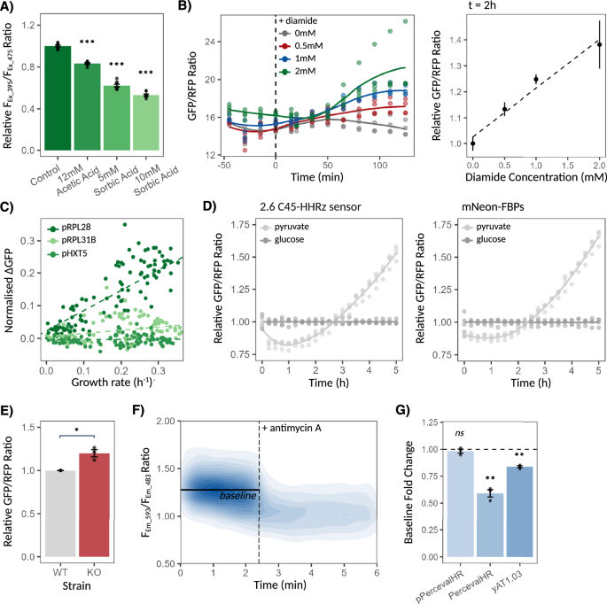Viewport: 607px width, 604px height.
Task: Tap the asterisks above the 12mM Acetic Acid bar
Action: [x=84, y=53]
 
